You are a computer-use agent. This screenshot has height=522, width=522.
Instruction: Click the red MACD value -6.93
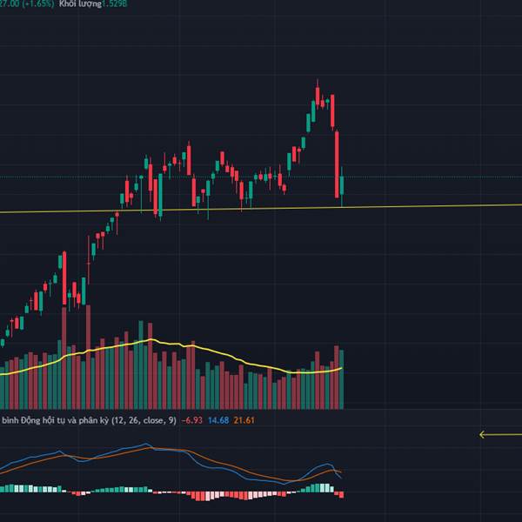(192, 420)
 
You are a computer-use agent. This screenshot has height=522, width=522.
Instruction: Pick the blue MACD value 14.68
(217, 420)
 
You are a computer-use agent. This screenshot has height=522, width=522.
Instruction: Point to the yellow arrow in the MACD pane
(497, 435)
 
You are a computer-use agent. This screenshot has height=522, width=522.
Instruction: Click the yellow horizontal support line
(418, 207)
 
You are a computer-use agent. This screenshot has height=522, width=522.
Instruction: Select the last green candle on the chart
(343, 185)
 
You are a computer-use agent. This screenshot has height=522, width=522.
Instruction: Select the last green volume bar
(343, 379)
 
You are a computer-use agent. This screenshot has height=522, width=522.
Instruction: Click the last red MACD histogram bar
(342, 494)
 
